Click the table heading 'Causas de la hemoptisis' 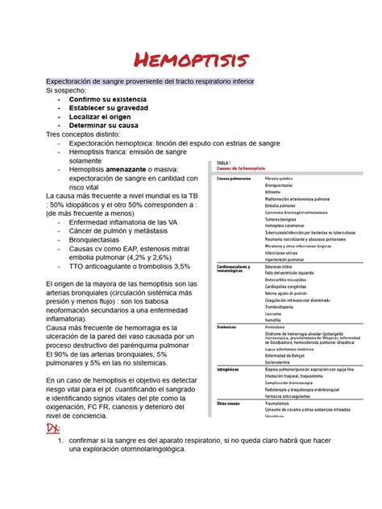(247, 168)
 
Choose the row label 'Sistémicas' (226, 327)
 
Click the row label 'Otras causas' (228, 403)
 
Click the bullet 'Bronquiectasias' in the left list (99, 239)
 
